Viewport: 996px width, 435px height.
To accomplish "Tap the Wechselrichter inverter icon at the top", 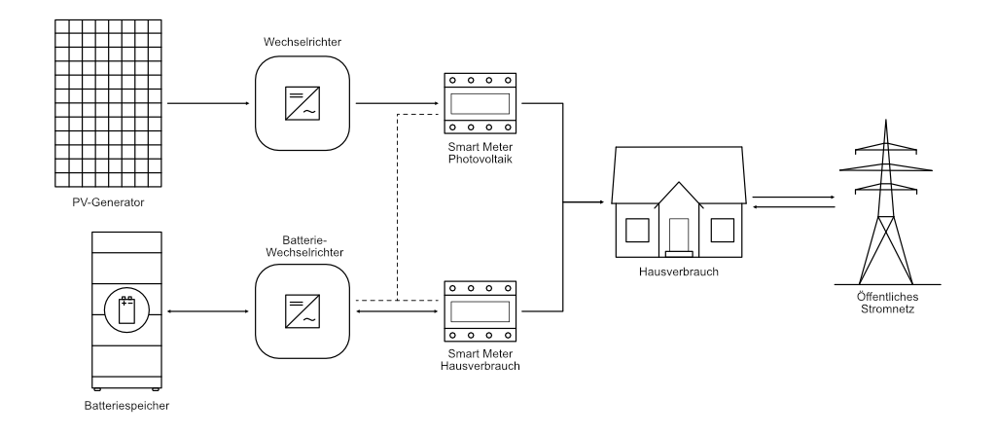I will (x=300, y=102).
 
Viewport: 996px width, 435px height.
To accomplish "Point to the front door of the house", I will (x=678, y=235).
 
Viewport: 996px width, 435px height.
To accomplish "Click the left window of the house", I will (x=636, y=230).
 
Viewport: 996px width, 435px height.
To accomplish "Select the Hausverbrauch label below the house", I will (x=678, y=272).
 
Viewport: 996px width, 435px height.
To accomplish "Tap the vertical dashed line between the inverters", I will (x=399, y=204).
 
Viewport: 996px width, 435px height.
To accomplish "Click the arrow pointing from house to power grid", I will (x=794, y=197).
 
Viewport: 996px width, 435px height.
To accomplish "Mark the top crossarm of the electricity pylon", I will (x=884, y=149).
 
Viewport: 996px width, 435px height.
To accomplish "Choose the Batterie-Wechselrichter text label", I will (x=300, y=244).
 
